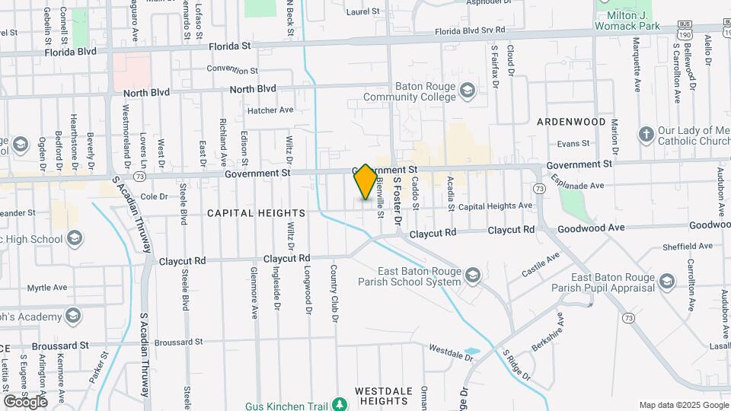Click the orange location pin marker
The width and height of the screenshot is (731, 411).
tap(365, 182)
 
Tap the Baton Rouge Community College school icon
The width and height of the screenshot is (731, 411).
tap(467, 92)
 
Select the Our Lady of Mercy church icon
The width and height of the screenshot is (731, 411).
tap(646, 134)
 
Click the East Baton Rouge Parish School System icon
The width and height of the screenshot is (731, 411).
tap(472, 275)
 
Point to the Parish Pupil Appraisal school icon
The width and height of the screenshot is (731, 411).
tap(667, 282)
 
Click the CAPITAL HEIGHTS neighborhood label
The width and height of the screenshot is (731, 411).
tap(256, 213)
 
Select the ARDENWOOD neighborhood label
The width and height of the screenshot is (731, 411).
tap(571, 122)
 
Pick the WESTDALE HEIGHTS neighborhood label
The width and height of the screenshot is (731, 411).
tap(385, 396)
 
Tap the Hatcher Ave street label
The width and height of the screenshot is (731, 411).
tap(270, 110)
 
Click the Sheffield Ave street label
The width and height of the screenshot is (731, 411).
tap(687, 246)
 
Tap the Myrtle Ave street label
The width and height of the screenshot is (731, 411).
tap(48, 288)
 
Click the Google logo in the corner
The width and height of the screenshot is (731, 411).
tap(26, 400)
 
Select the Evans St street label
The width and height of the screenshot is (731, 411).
tap(573, 143)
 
